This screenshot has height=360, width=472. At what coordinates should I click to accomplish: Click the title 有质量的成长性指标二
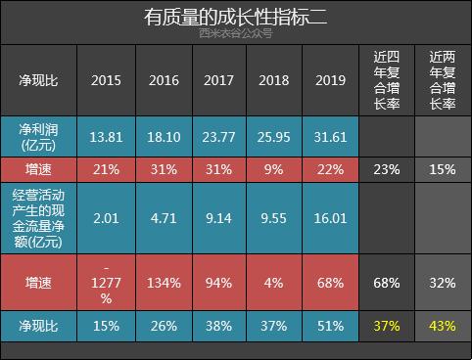tap(235, 18)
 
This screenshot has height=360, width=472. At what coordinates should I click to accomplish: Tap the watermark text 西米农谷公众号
tap(235, 35)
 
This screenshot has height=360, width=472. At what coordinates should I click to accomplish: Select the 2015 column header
tap(106, 81)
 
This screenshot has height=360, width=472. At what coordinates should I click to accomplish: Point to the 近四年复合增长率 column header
tap(386, 81)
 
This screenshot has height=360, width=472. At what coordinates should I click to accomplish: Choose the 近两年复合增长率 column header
tap(443, 81)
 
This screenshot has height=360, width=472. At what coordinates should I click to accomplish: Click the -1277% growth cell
tap(106, 284)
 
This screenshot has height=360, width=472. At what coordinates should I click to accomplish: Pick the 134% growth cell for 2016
tap(163, 284)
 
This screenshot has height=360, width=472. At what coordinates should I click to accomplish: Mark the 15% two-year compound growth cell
tap(443, 168)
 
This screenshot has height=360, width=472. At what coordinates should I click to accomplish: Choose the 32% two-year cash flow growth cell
tap(443, 284)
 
